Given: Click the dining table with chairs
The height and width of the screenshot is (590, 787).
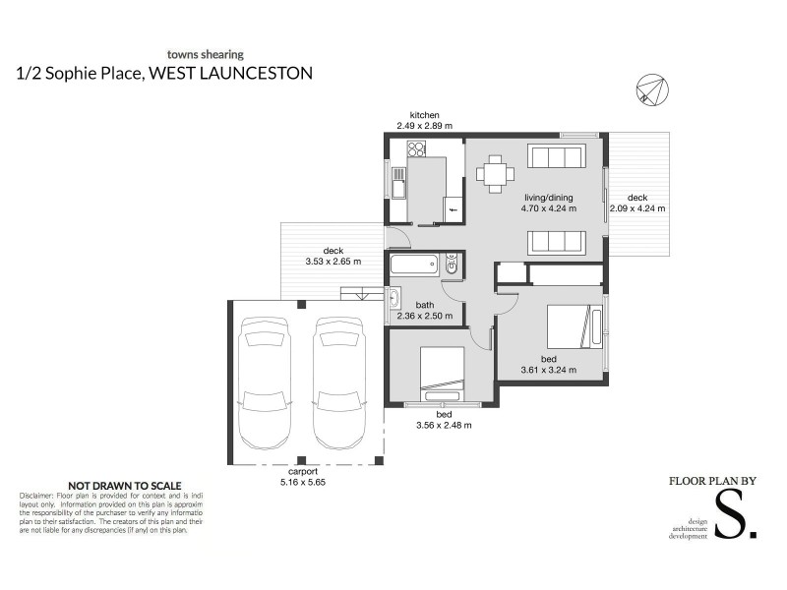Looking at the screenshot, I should [496, 174].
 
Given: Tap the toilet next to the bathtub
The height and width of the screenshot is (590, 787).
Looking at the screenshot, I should [452, 264].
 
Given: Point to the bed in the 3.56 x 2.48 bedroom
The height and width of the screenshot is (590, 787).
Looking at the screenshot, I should [442, 371].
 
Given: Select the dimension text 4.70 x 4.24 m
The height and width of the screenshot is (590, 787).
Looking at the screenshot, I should [548, 208].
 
